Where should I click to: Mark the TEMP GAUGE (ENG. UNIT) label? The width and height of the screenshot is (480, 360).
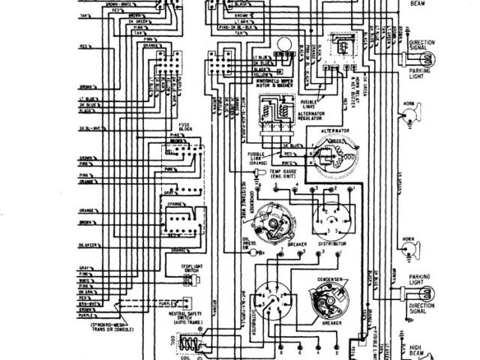point(281,173)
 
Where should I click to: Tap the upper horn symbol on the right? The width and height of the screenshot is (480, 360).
point(411,113)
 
